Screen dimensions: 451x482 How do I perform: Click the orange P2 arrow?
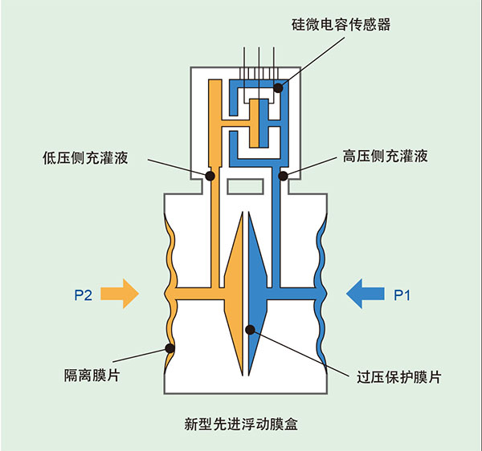coord(120,295)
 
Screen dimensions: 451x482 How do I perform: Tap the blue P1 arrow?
coord(366,295)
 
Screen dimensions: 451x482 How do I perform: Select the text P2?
coord(84,295)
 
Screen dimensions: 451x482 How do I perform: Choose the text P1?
coord(402,295)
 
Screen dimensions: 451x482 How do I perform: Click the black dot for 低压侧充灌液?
coord(210,174)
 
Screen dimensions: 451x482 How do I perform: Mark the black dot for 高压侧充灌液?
coord(283,174)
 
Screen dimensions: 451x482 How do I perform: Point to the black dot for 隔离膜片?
coord(170,348)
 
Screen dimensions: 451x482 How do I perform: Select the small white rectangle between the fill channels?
coord(246,186)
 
